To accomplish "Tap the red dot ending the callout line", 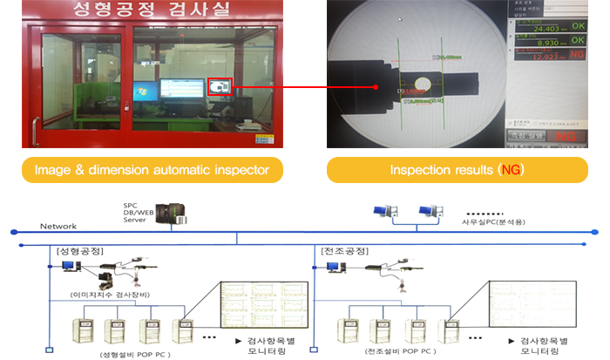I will pos(375,87).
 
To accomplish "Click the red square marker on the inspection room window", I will pos(220,86).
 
